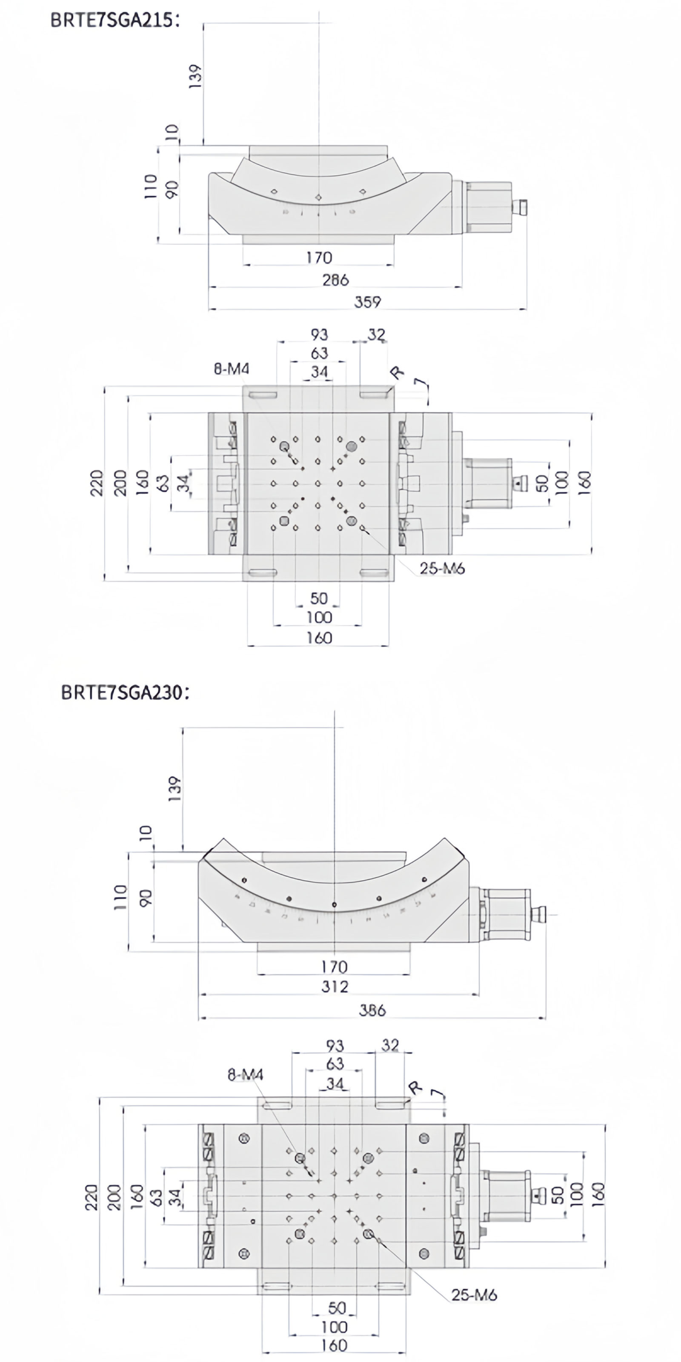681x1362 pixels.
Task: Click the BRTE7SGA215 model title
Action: [x=115, y=20]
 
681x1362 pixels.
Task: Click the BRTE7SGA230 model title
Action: [x=125, y=692]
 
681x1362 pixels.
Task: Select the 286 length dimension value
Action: [x=335, y=279]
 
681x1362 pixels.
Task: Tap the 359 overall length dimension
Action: [x=367, y=301]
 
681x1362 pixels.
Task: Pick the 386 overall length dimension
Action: [x=372, y=1010]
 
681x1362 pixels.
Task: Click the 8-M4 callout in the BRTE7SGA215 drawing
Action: [x=232, y=369]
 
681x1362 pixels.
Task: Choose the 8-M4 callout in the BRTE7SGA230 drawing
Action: [x=245, y=1074]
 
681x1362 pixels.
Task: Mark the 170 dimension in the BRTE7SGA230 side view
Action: [x=335, y=967]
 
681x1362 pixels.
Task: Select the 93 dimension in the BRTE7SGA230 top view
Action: [x=335, y=1045]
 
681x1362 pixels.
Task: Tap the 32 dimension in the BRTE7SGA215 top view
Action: [x=376, y=335]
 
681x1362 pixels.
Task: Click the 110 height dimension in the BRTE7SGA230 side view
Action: [x=121, y=897]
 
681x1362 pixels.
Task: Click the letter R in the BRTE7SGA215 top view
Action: [x=397, y=373]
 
